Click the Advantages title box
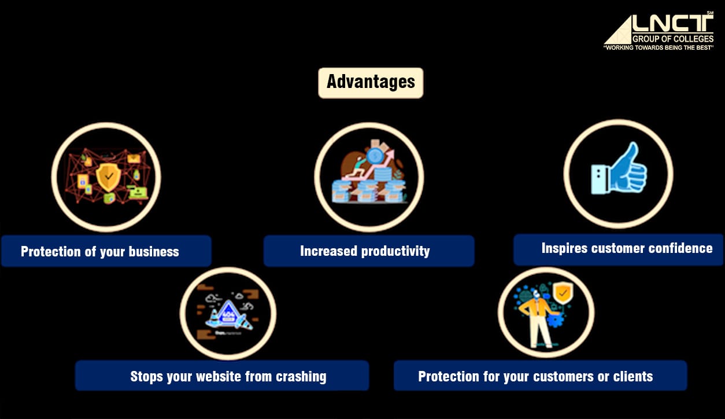[x=371, y=83]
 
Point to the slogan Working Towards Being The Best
[x=659, y=47]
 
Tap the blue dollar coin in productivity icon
[x=375, y=155]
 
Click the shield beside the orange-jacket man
[x=563, y=293]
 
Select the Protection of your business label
[x=100, y=252]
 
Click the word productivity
[x=396, y=251]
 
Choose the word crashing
[x=301, y=377]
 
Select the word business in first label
[x=154, y=252]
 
